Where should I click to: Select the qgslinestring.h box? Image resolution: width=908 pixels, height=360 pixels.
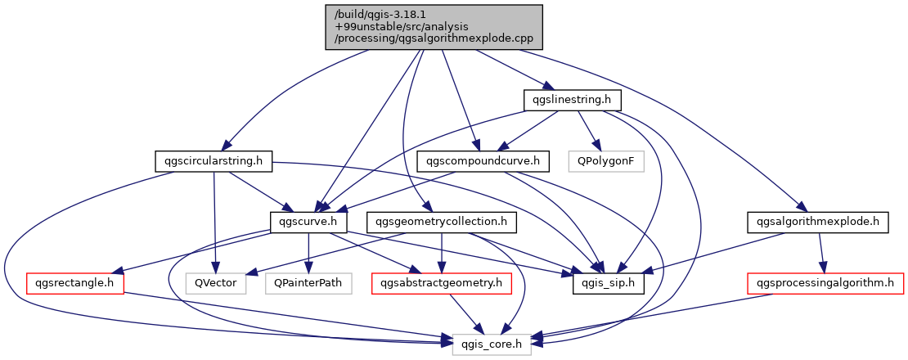coord(573,100)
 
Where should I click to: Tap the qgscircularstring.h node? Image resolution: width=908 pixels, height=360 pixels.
coord(213,161)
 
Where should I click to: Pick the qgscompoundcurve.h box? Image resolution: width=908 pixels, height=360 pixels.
coord(483,161)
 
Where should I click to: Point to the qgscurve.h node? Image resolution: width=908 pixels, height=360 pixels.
coord(308,222)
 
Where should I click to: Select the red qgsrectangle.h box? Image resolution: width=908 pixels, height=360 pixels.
coord(75,283)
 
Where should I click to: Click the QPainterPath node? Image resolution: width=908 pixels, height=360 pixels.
coord(308,283)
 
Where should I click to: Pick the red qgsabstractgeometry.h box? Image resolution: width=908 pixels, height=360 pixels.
coord(442,283)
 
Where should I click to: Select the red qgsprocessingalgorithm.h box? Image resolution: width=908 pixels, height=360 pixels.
coord(825,283)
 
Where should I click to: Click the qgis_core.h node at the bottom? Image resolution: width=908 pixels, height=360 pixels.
coord(492,344)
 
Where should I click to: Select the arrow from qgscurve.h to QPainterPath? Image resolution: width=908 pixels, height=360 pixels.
coord(308,253)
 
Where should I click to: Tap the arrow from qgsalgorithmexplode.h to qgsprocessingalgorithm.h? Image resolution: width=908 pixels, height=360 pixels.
coord(820,253)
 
